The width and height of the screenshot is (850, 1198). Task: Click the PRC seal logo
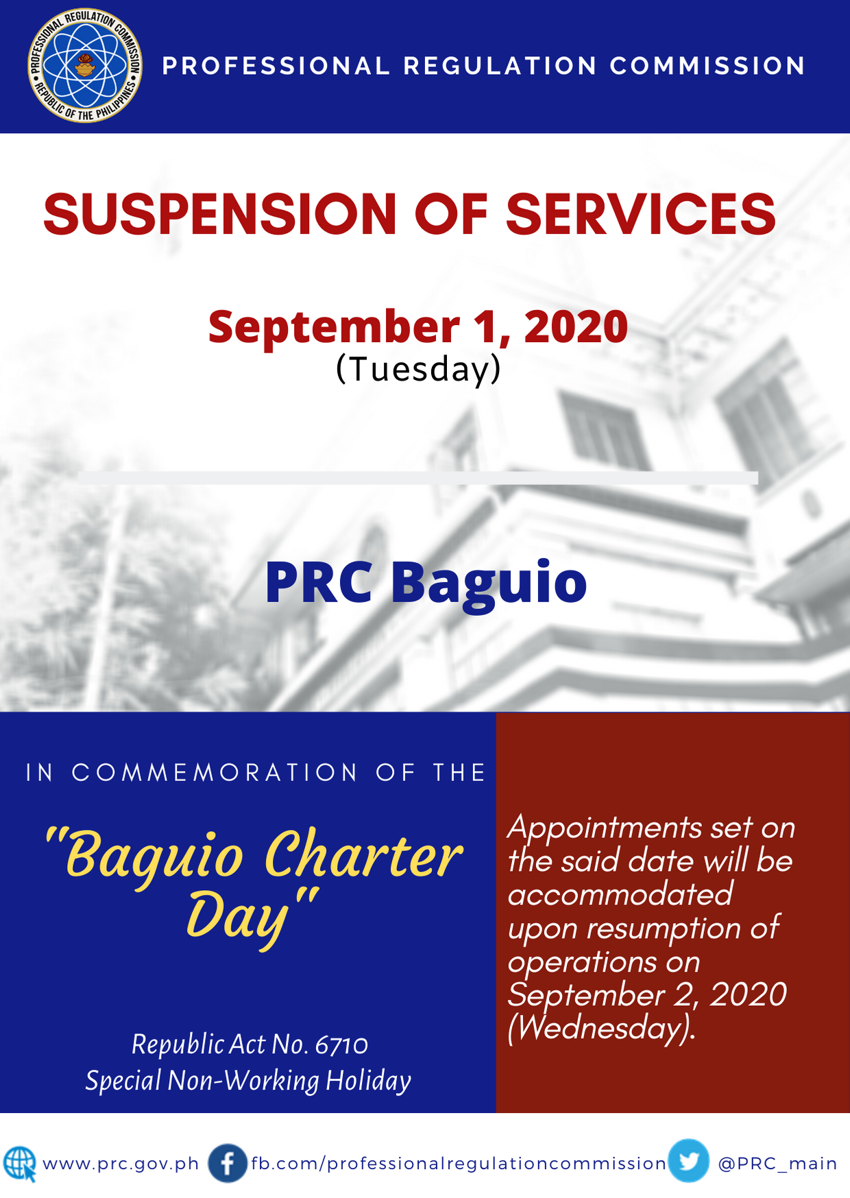[x=85, y=66]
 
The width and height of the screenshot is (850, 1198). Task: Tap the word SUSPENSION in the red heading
[x=220, y=214]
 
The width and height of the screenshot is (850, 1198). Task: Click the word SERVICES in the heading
[x=641, y=214]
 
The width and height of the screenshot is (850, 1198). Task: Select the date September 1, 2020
[x=418, y=326]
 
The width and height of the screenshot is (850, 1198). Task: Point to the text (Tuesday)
[x=418, y=369]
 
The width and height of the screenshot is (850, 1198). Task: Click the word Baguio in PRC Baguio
[x=489, y=584]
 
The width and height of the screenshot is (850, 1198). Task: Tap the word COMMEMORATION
[x=215, y=773]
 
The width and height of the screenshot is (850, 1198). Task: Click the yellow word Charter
[x=363, y=855]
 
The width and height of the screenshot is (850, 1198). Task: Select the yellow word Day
[x=237, y=918]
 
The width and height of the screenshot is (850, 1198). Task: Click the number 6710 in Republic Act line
[x=341, y=1045]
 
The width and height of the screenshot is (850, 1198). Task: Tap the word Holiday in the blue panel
[x=368, y=1081]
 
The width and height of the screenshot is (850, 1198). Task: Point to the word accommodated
[x=620, y=895]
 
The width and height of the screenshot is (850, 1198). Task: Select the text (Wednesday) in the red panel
[x=602, y=1029]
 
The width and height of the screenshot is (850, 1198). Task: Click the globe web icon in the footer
[x=20, y=1164]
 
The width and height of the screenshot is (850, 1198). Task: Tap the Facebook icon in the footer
[x=228, y=1163]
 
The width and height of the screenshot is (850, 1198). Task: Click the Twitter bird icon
[x=689, y=1161]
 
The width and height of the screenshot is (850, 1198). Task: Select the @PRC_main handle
[x=777, y=1164]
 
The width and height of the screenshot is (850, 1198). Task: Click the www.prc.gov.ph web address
[x=121, y=1164]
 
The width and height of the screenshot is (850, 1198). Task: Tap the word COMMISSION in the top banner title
[x=707, y=66]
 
